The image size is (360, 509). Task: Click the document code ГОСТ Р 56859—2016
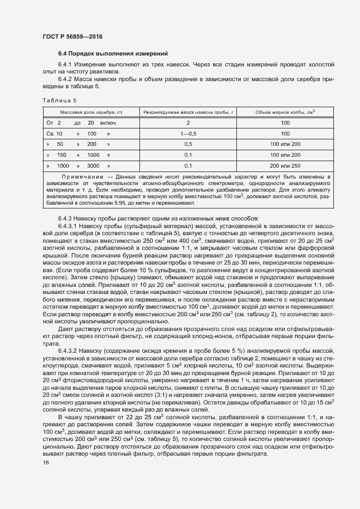pos(72,36)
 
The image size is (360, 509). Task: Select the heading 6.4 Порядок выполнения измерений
pos(109,53)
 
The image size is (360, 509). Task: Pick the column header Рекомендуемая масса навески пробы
pos(187,112)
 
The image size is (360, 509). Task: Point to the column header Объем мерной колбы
pos(285,112)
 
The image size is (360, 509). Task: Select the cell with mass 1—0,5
pos(187,133)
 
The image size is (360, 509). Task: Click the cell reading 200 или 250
pos(285,165)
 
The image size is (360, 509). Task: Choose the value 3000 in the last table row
pos(93,165)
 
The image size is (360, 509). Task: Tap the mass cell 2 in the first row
pos(187,123)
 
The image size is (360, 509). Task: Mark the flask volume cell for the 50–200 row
pos(285,144)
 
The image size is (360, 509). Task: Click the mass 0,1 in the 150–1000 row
pos(187,155)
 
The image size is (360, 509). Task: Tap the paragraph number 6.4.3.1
pos(69,225)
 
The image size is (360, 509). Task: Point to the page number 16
pos(46,463)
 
